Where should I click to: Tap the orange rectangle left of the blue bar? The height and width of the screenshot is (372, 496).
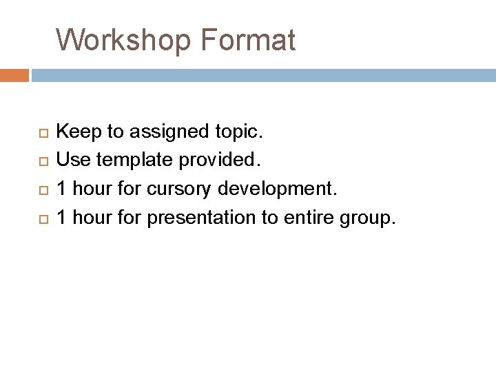tap(14, 74)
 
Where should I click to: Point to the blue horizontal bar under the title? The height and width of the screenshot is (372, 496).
tap(262, 74)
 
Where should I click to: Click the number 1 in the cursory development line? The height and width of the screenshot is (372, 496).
tap(62, 189)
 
